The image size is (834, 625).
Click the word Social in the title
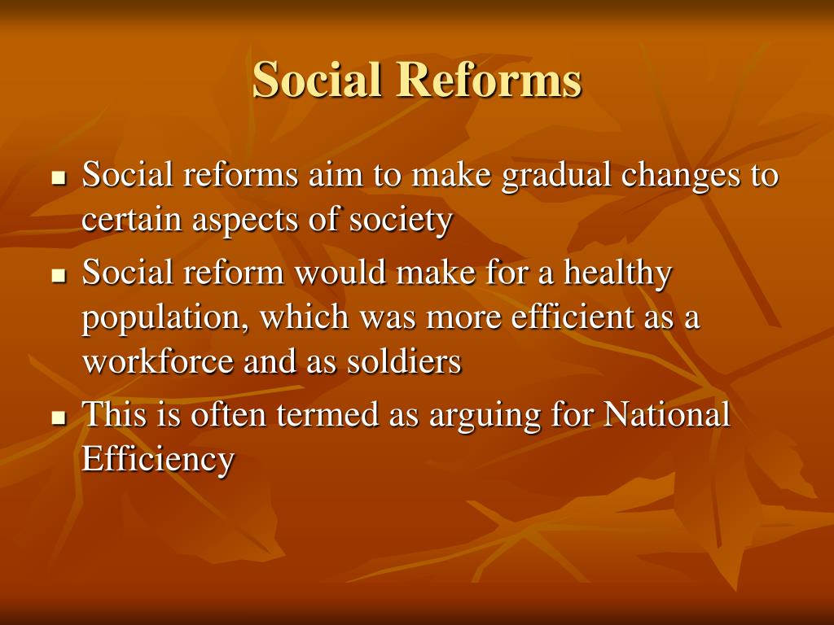(317, 81)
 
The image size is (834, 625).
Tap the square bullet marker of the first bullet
(58, 177)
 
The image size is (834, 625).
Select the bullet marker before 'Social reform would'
(58, 276)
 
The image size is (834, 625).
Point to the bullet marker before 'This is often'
(58, 418)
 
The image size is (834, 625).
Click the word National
(667, 415)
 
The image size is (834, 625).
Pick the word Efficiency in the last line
(158, 460)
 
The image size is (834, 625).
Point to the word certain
(132, 221)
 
